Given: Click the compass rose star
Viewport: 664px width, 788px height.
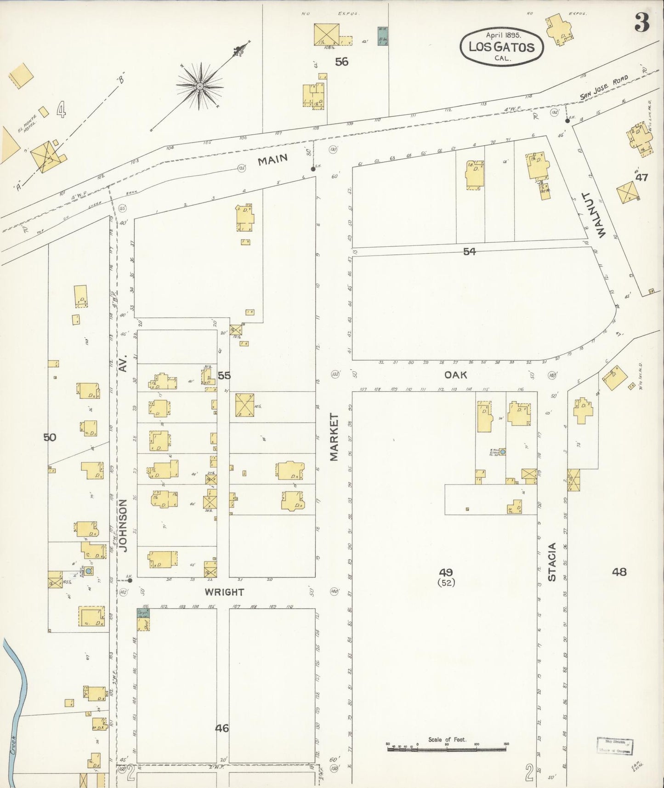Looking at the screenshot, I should [200, 86].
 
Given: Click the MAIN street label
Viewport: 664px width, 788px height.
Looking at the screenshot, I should [272, 160].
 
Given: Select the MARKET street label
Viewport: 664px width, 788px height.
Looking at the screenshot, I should [334, 437].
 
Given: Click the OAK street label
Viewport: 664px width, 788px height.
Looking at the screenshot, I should [455, 375].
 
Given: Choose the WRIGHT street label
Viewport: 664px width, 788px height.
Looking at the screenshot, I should [224, 592].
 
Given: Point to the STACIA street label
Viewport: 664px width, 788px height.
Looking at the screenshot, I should [552, 562].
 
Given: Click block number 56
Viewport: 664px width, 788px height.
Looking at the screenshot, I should [341, 62].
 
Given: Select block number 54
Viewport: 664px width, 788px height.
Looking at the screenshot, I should [469, 251].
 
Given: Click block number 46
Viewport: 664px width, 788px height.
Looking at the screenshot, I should [222, 728].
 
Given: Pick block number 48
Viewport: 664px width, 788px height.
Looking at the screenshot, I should [619, 572].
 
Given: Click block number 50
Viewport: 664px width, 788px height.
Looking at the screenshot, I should [50, 437].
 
